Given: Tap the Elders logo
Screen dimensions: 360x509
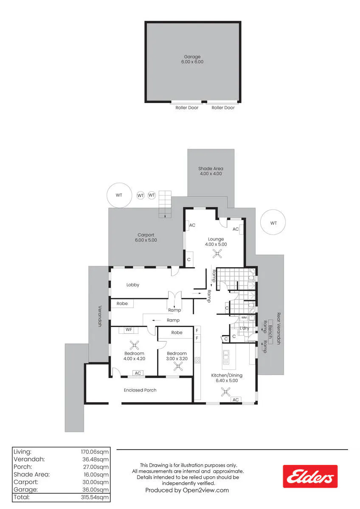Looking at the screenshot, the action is pos(310,476).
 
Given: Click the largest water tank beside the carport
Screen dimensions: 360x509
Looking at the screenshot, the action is pos(119,195).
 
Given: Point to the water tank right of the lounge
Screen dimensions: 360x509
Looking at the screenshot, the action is pos(273,222).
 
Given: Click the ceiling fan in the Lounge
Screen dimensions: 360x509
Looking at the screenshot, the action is pos(217,254).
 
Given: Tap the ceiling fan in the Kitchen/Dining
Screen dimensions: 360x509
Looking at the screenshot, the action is pos(225,392).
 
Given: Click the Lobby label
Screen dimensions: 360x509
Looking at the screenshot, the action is pos(133,285).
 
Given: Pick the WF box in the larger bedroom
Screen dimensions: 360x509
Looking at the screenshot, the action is pos(129,330).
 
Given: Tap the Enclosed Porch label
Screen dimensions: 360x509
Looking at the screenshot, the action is pos(140,390).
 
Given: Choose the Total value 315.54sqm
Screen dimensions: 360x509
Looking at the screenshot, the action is pos(95,497).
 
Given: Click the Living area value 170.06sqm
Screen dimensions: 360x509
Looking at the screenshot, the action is pos(95,452).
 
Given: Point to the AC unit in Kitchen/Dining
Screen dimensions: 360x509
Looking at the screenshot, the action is pos(236,400).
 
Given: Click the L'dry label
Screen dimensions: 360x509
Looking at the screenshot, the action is pos(244,328).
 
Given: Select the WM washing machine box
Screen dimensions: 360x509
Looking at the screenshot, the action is pos(244,318).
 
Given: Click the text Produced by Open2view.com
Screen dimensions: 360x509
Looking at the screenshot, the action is pos(187,490).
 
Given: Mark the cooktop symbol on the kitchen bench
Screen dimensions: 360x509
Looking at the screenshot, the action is pos(197,360).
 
